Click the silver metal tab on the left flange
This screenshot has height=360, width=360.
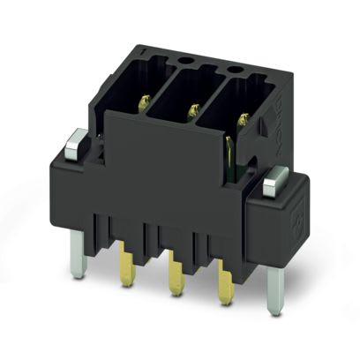coord(77,139)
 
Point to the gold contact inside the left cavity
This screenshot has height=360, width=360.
coord(142,98)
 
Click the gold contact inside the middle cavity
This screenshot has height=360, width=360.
coord(190,110)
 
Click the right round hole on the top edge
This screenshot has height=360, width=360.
coord(235,69)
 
